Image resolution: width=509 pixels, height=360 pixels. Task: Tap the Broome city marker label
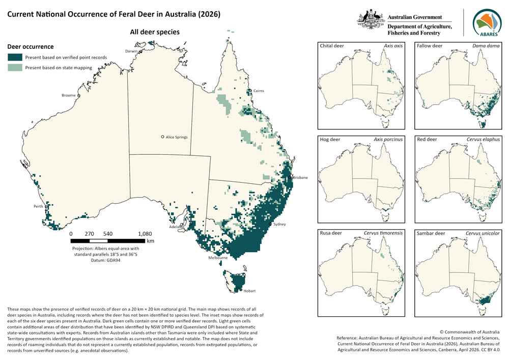coord(68,95)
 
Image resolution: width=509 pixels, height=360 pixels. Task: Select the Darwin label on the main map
coord(132,51)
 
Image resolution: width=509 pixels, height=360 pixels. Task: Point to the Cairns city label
coord(259,91)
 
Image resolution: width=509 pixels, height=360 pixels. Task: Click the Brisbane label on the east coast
coord(300,177)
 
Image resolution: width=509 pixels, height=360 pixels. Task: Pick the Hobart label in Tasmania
coord(249,291)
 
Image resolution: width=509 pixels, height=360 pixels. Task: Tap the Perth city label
coord(38,207)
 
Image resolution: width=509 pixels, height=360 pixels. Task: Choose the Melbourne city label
coord(217,258)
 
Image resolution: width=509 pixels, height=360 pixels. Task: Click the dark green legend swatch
coord(15,58)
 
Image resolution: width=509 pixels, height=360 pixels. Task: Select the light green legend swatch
coord(15,67)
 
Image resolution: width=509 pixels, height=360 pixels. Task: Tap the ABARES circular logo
coord(488,23)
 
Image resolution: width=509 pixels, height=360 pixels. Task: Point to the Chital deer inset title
coord(332,46)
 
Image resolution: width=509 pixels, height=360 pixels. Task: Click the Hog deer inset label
coord(330,139)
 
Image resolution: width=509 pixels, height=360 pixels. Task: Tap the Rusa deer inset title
coord(331,233)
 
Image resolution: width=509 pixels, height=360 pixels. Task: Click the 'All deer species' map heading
coord(155,32)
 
